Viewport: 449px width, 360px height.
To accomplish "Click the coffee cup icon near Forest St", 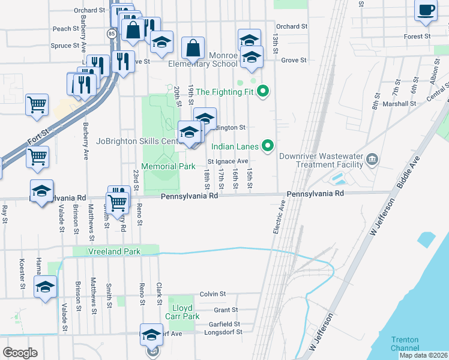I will click(x=426, y=11).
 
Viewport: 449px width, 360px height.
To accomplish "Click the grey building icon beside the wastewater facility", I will click(x=372, y=159).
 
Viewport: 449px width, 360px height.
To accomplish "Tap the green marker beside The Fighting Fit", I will click(x=262, y=92).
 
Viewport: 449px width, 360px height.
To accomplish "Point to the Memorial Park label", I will click(x=167, y=166).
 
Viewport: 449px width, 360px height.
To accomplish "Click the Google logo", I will click(x=20, y=353).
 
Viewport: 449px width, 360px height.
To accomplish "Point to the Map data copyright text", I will click(x=423, y=355).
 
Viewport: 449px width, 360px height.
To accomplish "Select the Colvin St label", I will click(x=212, y=294).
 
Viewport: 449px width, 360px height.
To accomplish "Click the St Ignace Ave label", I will click(x=228, y=161).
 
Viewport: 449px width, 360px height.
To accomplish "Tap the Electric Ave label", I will click(x=278, y=217).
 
